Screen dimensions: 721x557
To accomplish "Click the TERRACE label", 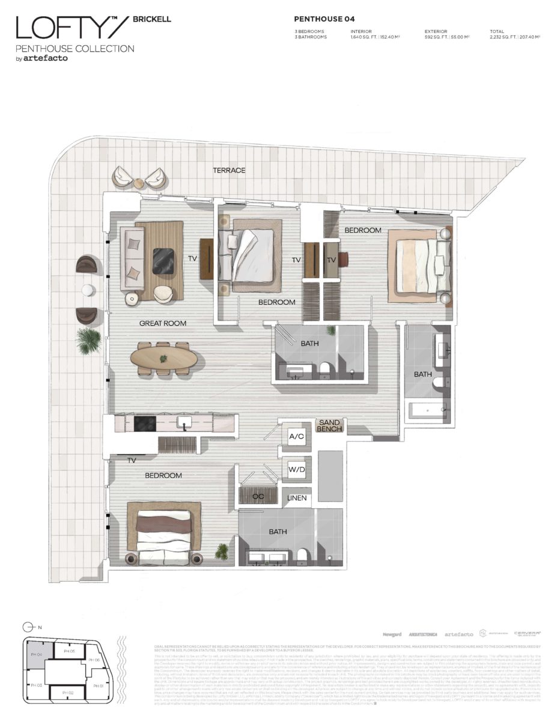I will (229, 170).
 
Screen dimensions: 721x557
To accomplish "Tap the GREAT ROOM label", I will (163, 323).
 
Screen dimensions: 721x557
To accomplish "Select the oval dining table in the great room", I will (163, 359).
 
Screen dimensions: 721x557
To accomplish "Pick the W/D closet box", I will (296, 469).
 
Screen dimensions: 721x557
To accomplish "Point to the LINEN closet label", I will (297, 498).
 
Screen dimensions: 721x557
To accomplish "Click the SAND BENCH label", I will (329, 426).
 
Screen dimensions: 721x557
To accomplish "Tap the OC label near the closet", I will (259, 497).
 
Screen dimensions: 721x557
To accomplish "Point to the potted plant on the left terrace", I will (88, 339).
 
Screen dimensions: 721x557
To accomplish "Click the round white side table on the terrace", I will (87, 291).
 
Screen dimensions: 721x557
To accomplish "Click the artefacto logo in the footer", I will (458, 634).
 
